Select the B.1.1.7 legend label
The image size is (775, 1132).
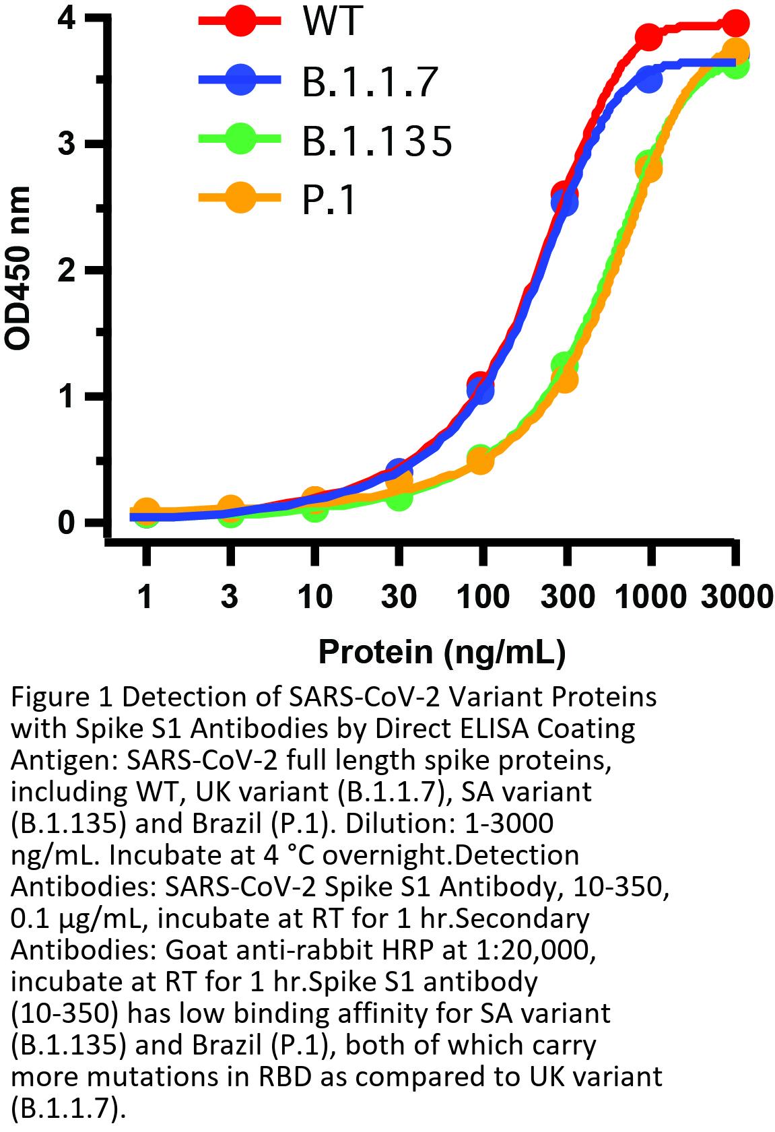370,81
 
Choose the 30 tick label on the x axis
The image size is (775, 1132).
399,596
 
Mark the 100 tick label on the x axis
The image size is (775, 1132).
481,596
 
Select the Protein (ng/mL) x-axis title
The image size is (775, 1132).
441,651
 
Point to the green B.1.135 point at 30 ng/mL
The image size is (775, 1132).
399,498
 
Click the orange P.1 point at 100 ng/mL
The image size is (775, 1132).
480,461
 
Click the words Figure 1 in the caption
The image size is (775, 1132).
61,698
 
